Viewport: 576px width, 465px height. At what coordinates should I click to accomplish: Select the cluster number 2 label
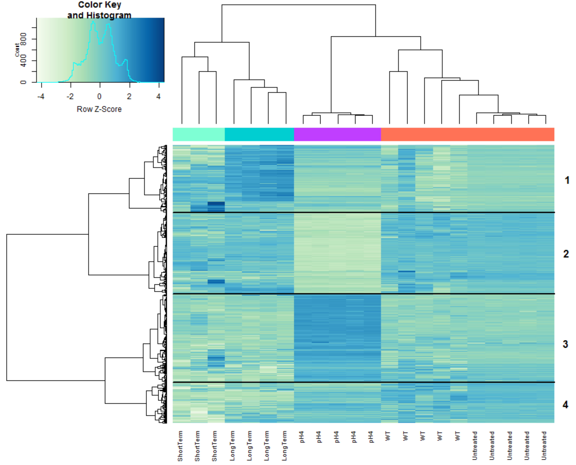(x=566, y=254)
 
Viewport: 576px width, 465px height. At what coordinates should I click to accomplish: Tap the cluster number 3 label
(x=565, y=344)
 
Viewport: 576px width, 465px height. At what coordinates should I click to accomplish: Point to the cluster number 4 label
(x=565, y=405)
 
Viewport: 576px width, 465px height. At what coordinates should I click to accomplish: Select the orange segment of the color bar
(x=467, y=134)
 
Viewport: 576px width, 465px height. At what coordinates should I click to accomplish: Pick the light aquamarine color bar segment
(x=199, y=134)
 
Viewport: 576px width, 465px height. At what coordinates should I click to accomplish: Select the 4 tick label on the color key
(x=158, y=96)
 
